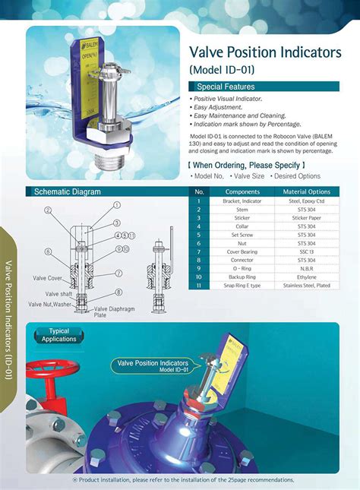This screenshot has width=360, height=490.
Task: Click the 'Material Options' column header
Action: coord(307,191)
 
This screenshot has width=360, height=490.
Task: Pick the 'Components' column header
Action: coord(242,191)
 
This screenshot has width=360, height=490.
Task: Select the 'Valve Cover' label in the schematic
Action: coord(46,278)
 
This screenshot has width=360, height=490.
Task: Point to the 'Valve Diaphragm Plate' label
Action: coord(113,311)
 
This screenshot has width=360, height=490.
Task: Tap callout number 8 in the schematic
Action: coord(118,291)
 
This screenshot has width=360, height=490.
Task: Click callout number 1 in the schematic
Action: coord(117,205)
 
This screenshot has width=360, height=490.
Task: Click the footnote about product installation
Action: coord(182,480)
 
